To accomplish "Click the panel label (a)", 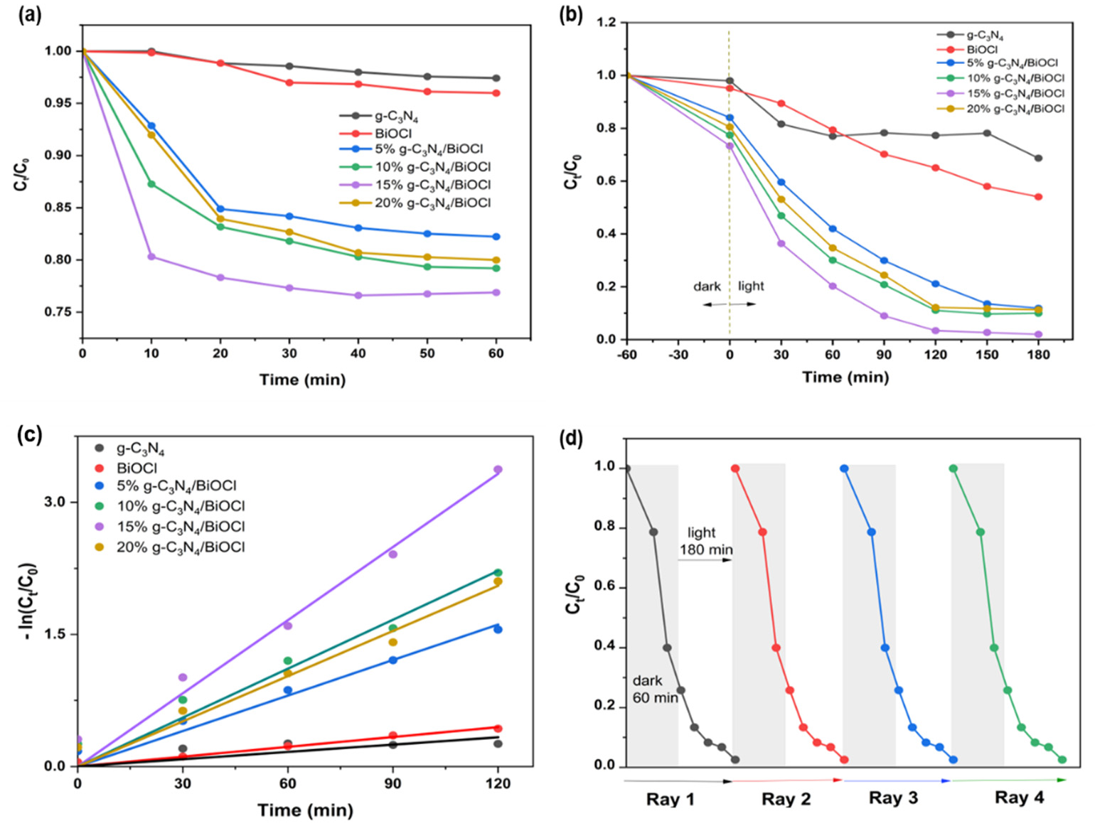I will point(31,15).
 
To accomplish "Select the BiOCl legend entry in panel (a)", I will point(393,133).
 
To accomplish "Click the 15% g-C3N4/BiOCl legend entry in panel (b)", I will point(1015,93).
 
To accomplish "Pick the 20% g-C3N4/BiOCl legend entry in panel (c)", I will point(181,547).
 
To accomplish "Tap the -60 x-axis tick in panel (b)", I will point(626,355).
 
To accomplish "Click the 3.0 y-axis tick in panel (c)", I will point(55,502).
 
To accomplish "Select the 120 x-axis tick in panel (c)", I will point(498,783).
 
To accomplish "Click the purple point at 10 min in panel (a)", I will point(151,257).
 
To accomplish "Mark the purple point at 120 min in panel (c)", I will point(498,470).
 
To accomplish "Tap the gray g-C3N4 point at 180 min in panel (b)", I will point(1038,159).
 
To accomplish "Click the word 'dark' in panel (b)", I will point(707,286).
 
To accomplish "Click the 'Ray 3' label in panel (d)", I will point(893,798).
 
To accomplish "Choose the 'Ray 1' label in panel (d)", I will point(670,799).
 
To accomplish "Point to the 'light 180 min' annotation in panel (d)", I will point(704,541).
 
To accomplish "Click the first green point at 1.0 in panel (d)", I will point(954,468).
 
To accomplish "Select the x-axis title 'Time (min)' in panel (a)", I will point(303,380).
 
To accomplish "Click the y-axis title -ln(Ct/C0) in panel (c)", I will point(31,601).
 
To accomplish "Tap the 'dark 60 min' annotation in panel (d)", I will point(654,690).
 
